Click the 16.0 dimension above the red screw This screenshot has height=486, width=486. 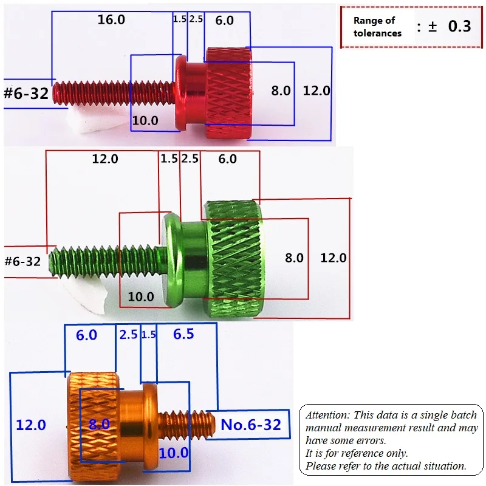[x=111, y=20]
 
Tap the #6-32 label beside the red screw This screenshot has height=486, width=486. [x=26, y=94]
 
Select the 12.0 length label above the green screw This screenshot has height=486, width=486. [x=105, y=159]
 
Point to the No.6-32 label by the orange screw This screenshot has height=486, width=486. [x=251, y=425]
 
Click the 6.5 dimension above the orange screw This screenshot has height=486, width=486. [x=183, y=334]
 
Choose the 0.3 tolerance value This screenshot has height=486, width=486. [x=460, y=26]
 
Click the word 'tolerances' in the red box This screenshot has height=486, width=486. [x=377, y=33]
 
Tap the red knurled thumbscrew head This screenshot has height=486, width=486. [x=229, y=93]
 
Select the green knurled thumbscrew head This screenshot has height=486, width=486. [x=233, y=259]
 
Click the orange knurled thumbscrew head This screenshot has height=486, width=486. [x=93, y=427]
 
